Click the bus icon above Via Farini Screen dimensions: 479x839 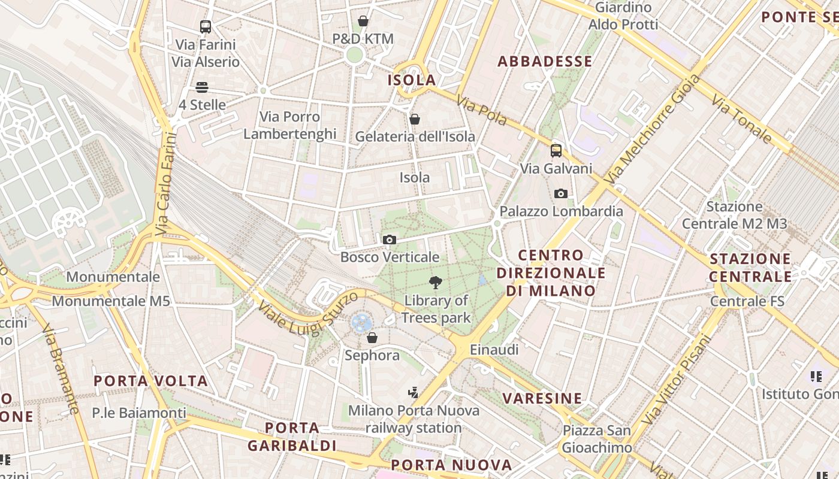pyautogui.click(x=206, y=26)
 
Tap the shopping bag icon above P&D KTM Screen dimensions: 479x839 pyautogui.click(x=363, y=21)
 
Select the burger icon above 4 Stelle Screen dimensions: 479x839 pyautogui.click(x=202, y=87)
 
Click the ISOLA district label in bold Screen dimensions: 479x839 pyautogui.click(x=412, y=80)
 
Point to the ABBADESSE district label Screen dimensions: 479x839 pyautogui.click(x=545, y=61)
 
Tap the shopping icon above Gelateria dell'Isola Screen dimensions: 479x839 pyautogui.click(x=414, y=119)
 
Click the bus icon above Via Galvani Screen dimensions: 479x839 pyautogui.click(x=556, y=150)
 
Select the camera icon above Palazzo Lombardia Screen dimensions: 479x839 pyautogui.click(x=561, y=193)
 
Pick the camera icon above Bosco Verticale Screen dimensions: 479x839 pyautogui.click(x=389, y=240)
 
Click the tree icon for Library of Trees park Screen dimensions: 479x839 pyautogui.click(x=436, y=283)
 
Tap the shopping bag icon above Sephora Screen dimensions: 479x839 pyautogui.click(x=372, y=338)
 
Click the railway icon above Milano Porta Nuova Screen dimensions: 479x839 pyautogui.click(x=413, y=393)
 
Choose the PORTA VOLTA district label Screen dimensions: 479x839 pyautogui.click(x=150, y=381)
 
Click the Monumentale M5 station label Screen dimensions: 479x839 pyautogui.click(x=111, y=301)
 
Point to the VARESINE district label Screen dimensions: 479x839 pyautogui.click(x=542, y=398)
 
